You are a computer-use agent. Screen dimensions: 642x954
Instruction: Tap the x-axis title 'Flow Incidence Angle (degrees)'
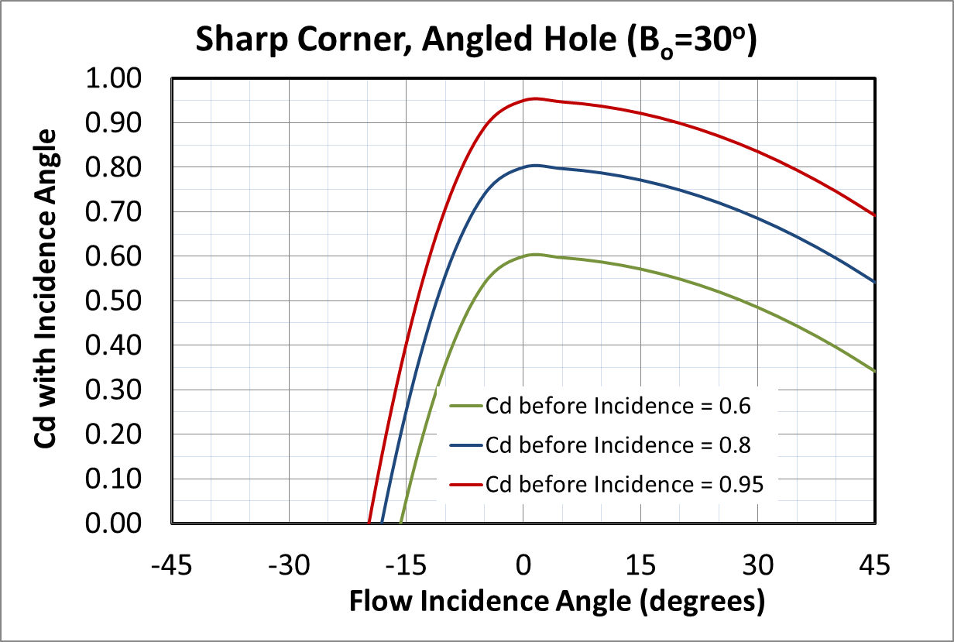tap(557, 602)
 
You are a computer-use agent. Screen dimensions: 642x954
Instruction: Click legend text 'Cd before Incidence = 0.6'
tap(618, 404)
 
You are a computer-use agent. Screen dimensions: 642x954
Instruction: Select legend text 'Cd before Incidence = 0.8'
tap(618, 445)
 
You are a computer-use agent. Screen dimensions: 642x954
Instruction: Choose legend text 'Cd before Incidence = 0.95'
tap(624, 485)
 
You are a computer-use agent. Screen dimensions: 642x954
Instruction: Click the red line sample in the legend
tap(465, 485)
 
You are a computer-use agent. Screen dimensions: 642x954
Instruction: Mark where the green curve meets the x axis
tap(400, 524)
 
